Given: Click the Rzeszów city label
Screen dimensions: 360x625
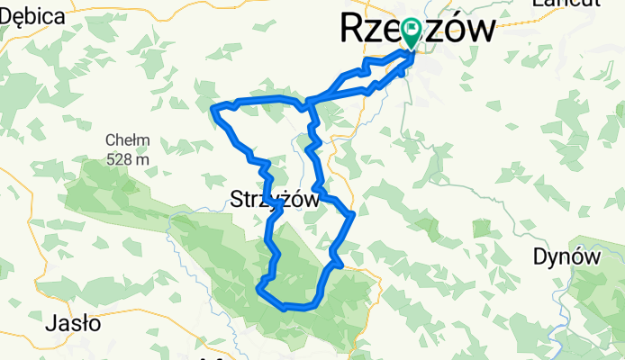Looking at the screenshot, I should pos(417,30).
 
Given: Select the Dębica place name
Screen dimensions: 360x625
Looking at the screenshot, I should pos(32,15).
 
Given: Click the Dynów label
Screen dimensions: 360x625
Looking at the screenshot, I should pos(566,256).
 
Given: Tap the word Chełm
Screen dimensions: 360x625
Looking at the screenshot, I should pos(127,140).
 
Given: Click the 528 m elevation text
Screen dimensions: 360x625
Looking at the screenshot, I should pos(127,158).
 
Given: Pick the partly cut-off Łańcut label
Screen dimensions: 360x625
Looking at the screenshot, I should pos(566,4).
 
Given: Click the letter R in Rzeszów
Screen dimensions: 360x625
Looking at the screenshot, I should pos(352,30).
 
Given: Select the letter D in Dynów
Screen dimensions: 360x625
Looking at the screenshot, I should pos(541,256).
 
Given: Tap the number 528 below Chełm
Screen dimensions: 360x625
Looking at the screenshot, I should pos(120,158).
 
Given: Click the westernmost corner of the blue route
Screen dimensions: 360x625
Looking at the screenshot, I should pos(213,109).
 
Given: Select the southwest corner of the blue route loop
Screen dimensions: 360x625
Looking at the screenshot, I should pos(259,289).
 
